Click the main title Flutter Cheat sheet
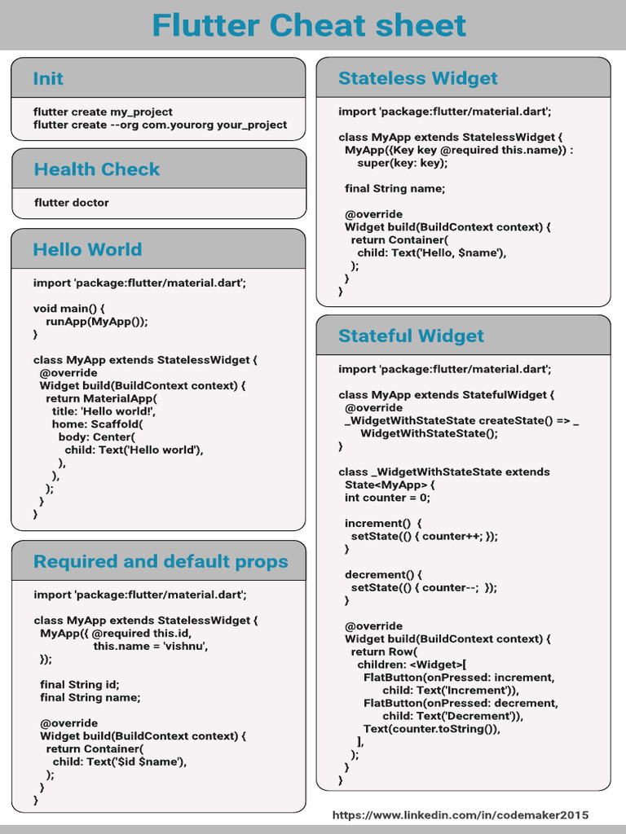pyautogui.click(x=309, y=25)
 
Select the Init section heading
pyautogui.click(x=48, y=79)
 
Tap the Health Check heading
pyautogui.click(x=96, y=169)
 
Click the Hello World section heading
pyautogui.click(x=87, y=250)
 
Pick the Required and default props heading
pyautogui.click(x=161, y=562)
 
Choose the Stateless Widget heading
pyautogui.click(x=417, y=79)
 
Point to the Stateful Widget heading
pyautogui.click(x=411, y=336)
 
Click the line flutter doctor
pyautogui.click(x=71, y=203)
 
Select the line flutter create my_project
pyautogui.click(x=103, y=112)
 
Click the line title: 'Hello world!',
pyautogui.click(x=104, y=411)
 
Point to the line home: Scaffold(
pyautogui.click(x=97, y=424)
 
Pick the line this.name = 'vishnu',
pyautogui.click(x=151, y=646)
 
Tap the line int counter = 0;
pyautogui.click(x=387, y=498)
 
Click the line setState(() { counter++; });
pyautogui.click(x=424, y=536)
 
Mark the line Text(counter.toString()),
pyautogui.click(x=431, y=729)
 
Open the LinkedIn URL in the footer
pyautogui.click(x=461, y=815)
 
